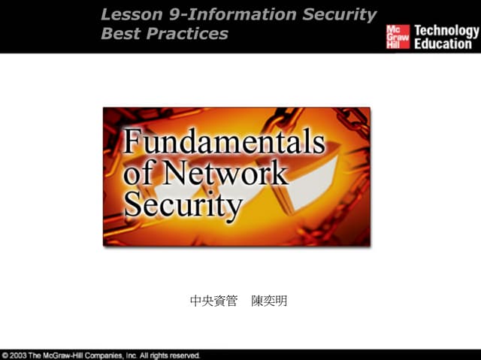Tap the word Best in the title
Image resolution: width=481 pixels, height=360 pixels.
click(119, 34)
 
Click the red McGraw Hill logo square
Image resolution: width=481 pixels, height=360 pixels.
click(398, 36)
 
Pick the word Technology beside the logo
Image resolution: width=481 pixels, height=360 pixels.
click(446, 31)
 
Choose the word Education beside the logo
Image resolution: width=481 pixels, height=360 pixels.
click(443, 44)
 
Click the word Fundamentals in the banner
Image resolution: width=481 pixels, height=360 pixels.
click(224, 142)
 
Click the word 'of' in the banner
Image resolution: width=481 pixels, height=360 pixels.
click(138, 174)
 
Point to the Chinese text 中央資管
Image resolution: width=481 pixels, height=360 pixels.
click(213, 301)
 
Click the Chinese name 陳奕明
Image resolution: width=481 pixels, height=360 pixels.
click(269, 301)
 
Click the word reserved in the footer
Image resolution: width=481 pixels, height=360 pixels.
click(184, 355)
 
